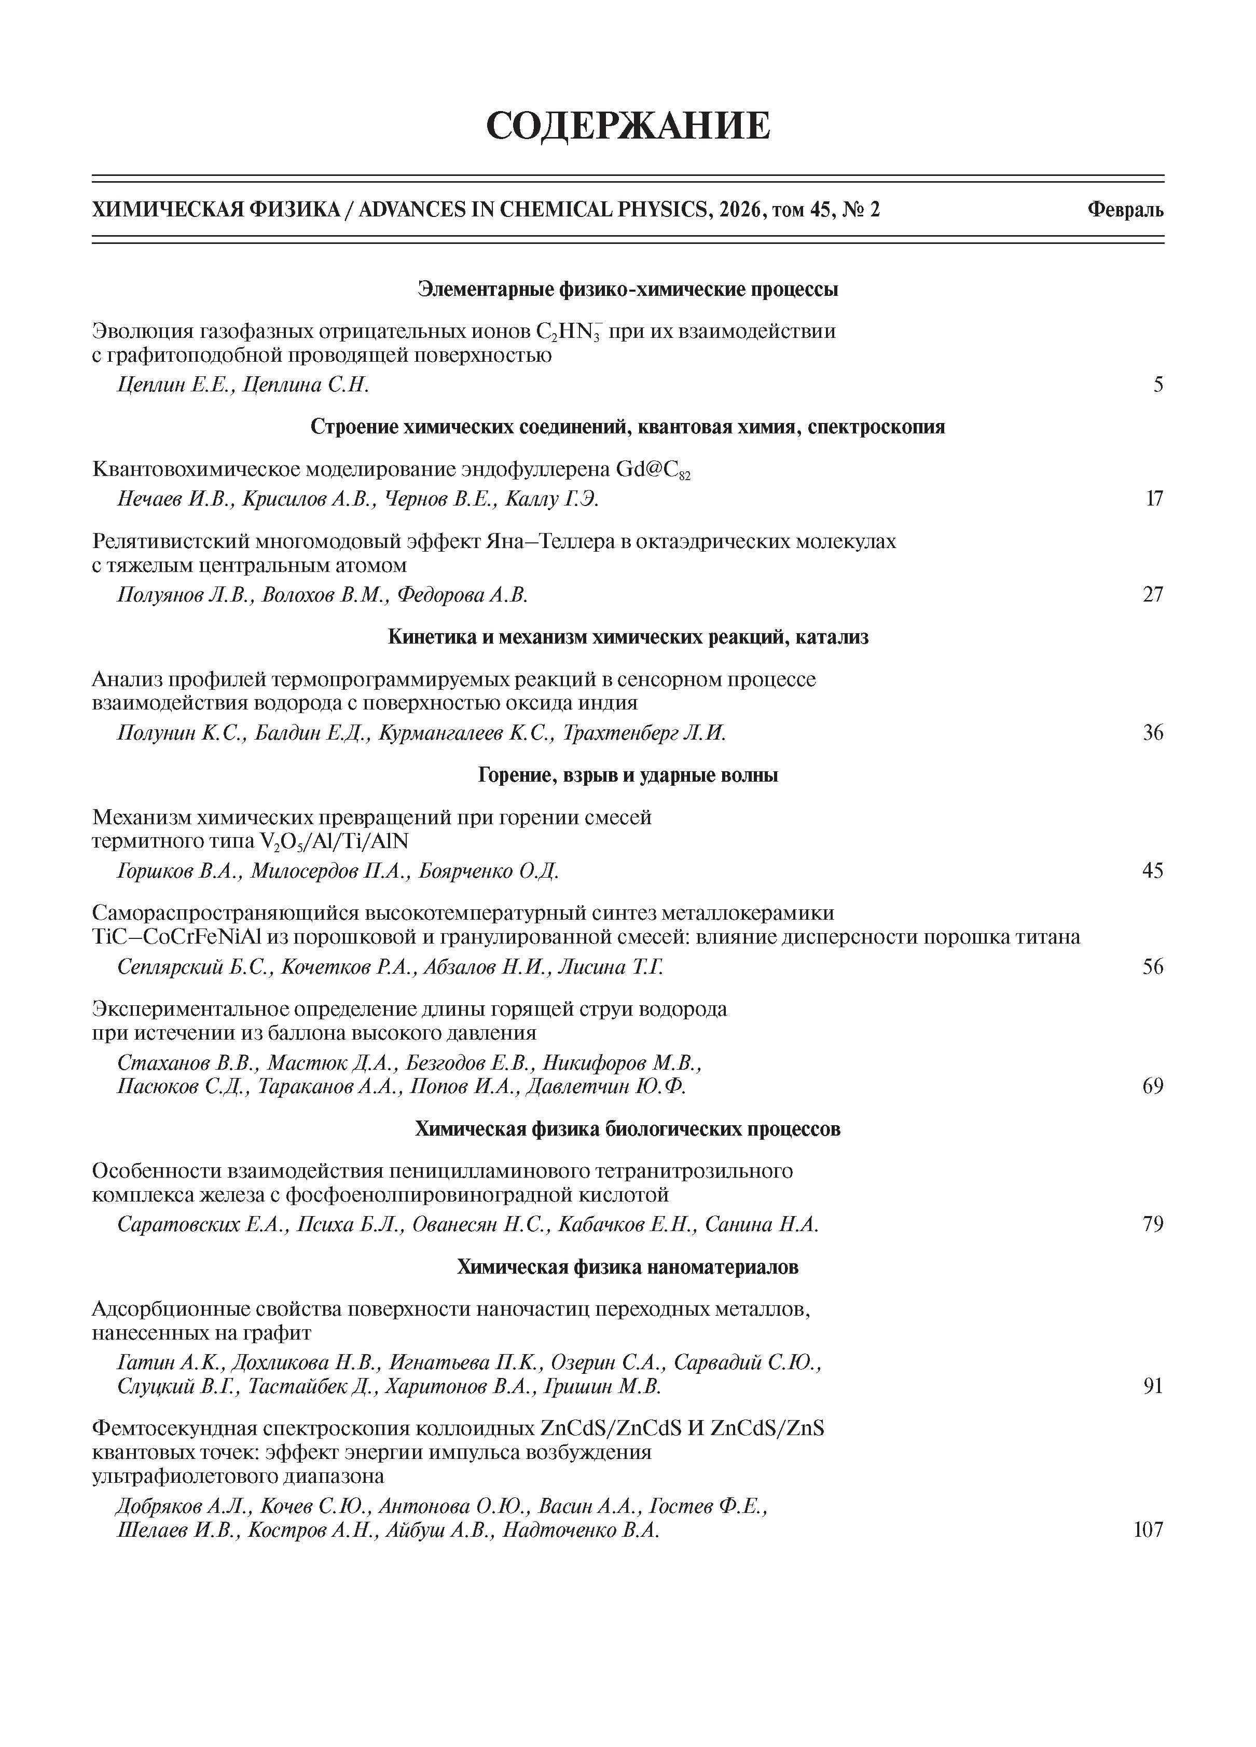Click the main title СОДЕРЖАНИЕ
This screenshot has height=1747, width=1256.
pos(628,126)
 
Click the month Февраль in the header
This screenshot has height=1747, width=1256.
pos(1125,210)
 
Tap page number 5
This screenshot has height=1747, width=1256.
pos(1157,385)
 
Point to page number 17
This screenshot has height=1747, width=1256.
pos(1154,499)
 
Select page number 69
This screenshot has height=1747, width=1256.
pos(1153,1087)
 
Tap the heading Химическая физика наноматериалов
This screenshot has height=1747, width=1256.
pos(628,1266)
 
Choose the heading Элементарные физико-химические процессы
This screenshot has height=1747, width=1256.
pos(628,290)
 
